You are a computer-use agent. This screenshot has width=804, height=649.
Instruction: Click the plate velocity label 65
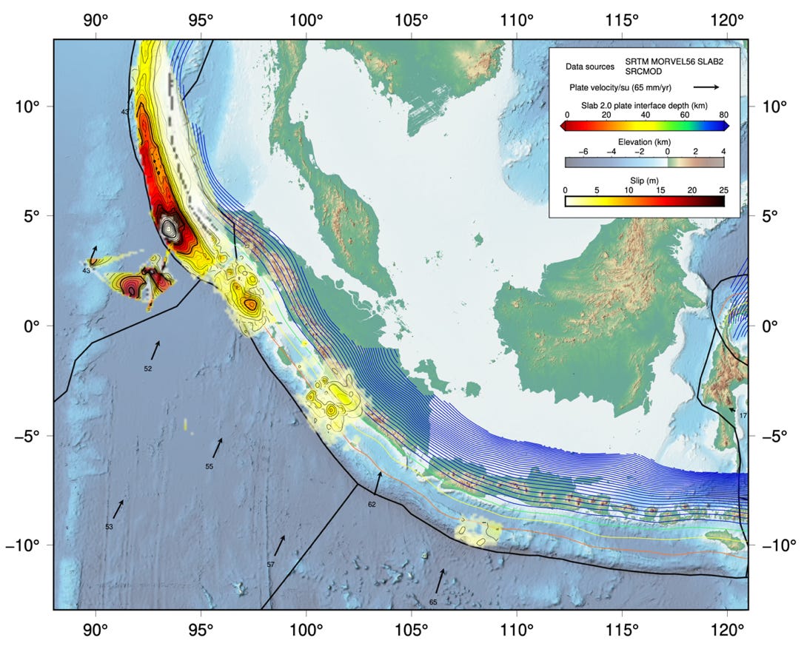tap(433, 602)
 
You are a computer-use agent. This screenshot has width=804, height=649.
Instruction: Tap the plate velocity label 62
tap(372, 504)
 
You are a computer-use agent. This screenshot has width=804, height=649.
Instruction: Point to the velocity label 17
tap(743, 416)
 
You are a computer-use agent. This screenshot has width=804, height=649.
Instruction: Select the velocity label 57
tap(271, 565)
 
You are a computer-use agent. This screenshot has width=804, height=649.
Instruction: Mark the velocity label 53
tap(109, 527)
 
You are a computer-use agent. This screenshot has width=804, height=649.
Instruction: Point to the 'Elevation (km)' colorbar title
tap(644, 141)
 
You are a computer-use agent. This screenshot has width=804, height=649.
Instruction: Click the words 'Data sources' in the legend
tap(589, 67)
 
